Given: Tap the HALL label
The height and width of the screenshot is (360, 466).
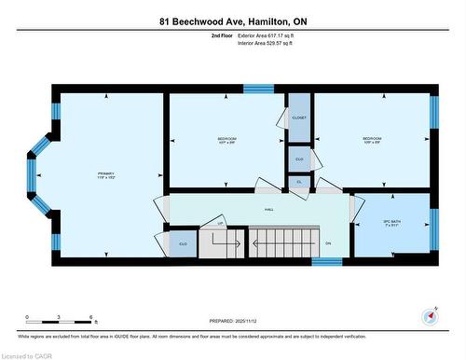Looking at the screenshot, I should click(268, 210).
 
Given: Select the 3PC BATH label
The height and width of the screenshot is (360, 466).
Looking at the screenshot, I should click(391, 223).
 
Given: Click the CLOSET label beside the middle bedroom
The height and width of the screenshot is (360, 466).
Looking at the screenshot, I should click(299, 118).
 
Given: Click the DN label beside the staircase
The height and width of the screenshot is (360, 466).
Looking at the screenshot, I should click(328, 243).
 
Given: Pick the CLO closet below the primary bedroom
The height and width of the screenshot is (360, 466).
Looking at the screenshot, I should click(183, 244).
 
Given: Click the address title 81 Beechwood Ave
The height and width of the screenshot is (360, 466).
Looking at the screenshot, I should click(232, 20).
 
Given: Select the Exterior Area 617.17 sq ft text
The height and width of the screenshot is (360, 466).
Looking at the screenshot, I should click(271, 35).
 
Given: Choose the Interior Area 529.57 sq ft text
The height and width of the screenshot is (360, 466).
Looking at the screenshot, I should click(271, 43).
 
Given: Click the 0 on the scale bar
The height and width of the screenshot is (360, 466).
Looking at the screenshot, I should click(27, 317).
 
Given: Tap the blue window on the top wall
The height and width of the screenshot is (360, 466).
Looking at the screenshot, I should click(258, 90).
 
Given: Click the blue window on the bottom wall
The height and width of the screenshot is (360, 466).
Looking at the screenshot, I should click(326, 262).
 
